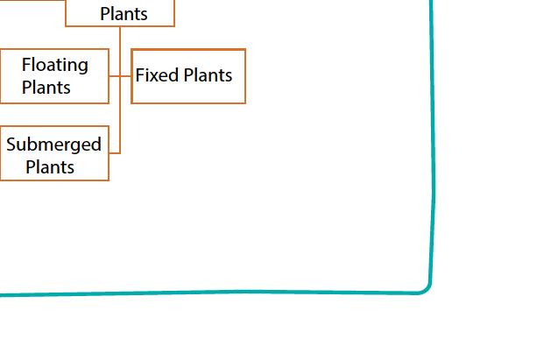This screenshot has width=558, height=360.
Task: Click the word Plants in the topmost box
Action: coord(124,14)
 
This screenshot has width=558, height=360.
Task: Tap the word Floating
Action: coord(55,65)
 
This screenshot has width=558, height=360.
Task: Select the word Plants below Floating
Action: coord(46,88)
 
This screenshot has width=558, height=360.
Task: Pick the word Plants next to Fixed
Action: coord(207,75)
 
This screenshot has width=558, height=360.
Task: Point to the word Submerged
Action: coord(54,145)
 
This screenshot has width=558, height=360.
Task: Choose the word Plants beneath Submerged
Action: coord(50,167)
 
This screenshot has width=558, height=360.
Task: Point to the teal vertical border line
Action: coord(432,131)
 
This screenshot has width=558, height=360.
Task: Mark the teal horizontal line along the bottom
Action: coord(219,293)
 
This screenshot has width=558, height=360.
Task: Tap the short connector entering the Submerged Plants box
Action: coord(114,153)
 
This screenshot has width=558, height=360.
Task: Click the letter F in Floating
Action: coord(26,65)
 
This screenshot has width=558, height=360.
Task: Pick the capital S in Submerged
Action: coord(11,145)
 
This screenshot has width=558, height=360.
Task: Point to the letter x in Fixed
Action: coord(156,75)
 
